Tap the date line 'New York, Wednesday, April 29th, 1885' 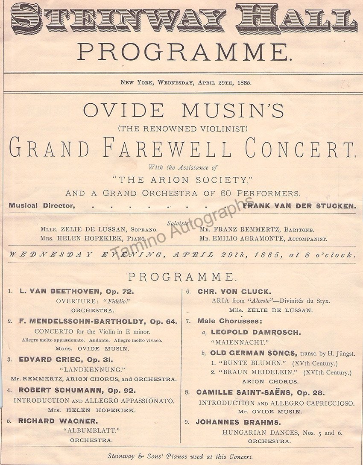pyautogui.click(x=186, y=83)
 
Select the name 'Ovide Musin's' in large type pyautogui.click(x=184, y=111)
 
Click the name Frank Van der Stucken pyautogui.click(x=299, y=205)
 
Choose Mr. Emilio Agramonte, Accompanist pyautogui.click(x=263, y=239)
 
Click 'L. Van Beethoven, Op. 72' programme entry pyautogui.click(x=77, y=292)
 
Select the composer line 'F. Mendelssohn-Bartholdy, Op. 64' pyautogui.click(x=98, y=322)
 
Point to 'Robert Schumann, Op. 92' pyautogui.click(x=77, y=390)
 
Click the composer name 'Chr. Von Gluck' pyautogui.click(x=234, y=292)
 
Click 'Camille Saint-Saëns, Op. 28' pyautogui.click(x=261, y=392)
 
